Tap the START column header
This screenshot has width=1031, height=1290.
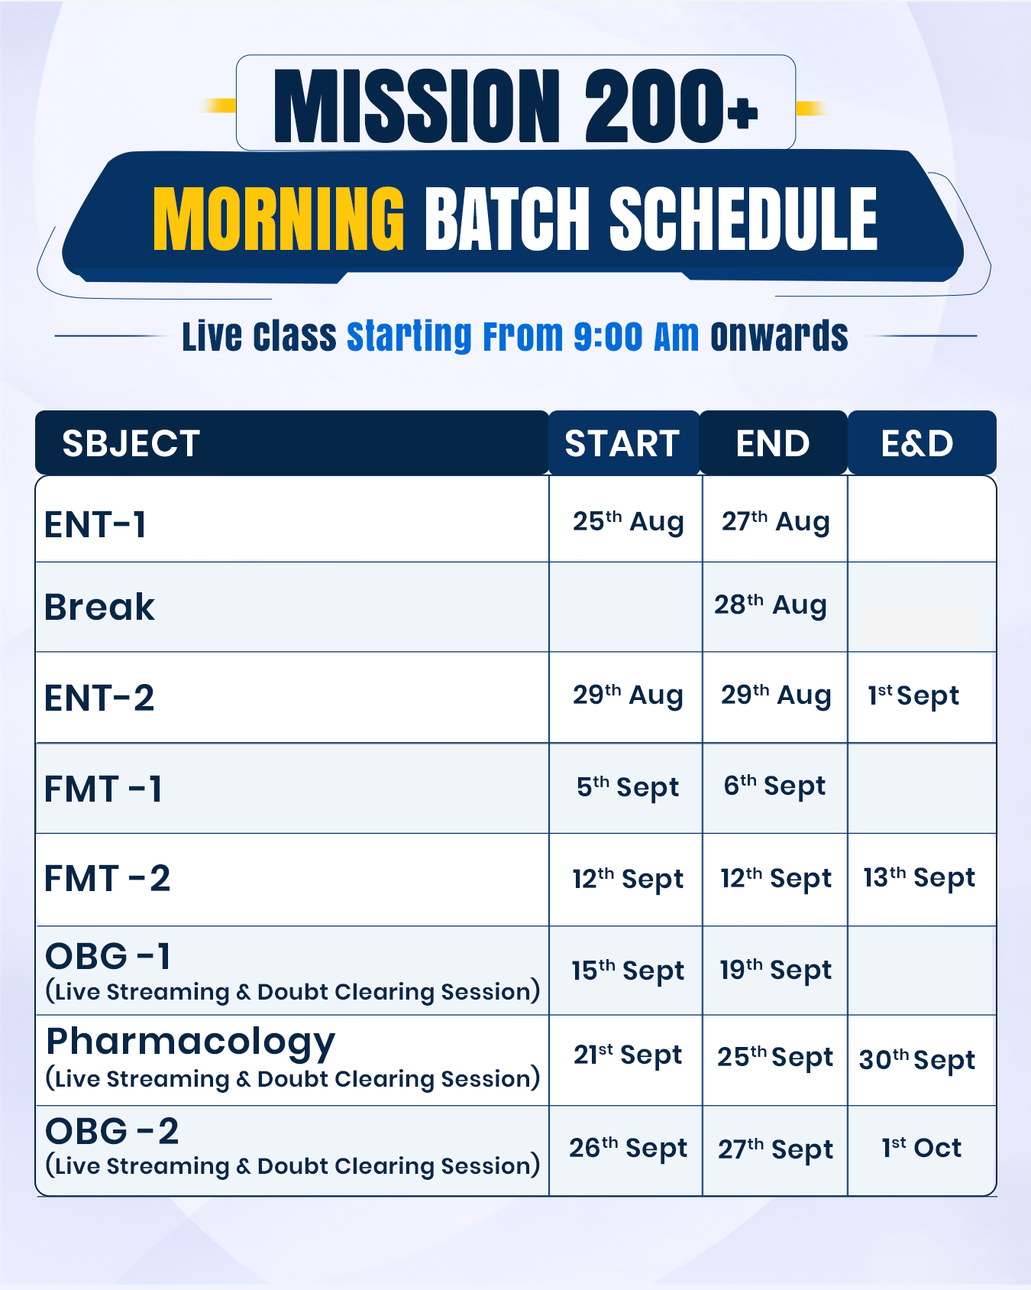tap(622, 444)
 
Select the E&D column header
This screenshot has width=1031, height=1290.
tap(917, 444)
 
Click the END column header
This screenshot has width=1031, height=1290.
tap(773, 444)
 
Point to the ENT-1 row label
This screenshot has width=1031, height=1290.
tap(95, 525)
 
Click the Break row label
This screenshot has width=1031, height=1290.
tap(99, 608)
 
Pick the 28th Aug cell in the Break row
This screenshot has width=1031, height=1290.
tap(771, 604)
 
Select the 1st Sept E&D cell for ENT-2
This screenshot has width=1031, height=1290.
tap(913, 695)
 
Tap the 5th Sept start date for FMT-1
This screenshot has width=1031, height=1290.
tap(628, 786)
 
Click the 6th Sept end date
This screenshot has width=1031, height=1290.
tap(774, 786)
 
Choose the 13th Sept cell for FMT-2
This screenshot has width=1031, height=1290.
tap(919, 877)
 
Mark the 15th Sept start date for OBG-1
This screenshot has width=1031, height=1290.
tap(628, 971)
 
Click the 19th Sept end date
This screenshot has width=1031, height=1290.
tap(775, 970)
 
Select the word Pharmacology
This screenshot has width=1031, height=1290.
tap(191, 1043)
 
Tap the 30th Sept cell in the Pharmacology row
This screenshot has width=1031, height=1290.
tap(917, 1059)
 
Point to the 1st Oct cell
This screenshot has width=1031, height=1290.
tap(922, 1147)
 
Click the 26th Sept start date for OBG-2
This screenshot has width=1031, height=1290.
tap(629, 1148)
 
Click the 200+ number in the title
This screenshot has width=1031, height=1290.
tap(671, 106)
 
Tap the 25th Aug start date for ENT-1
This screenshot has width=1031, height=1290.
tap(628, 522)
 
